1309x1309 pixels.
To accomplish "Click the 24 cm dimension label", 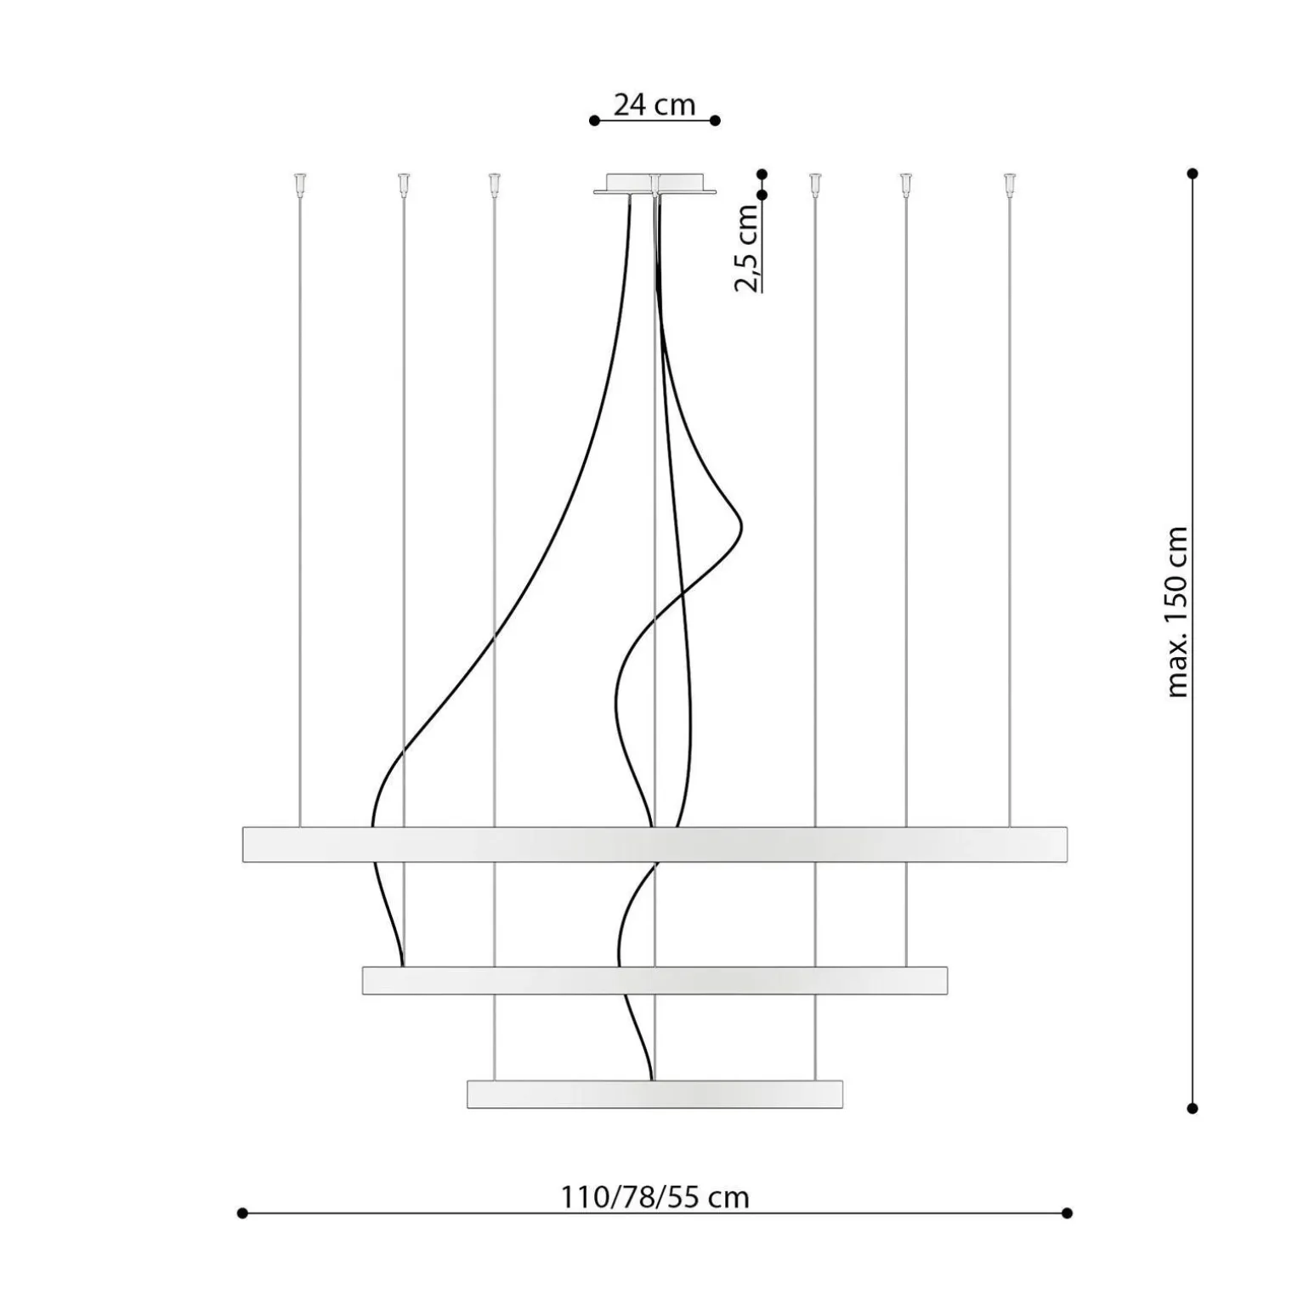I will coord(654,105).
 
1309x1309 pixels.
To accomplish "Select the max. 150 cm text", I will coord(1177,612).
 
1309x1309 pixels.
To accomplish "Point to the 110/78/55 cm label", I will coord(654,1197).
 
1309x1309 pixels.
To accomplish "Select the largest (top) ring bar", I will coord(654,844).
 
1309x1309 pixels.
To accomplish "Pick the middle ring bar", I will coord(654,980).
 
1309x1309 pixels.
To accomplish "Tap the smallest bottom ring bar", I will coord(654,1094).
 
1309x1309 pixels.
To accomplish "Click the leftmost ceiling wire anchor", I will coord(299,183).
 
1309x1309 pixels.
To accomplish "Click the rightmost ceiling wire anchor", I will coord(1009,183).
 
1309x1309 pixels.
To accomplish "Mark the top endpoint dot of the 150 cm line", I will coord(1193,173).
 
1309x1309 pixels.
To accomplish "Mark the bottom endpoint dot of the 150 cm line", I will coord(1193,1108).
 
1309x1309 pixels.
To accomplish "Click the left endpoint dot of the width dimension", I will coord(242,1213).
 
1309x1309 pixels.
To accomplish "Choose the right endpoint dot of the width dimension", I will coord(1068,1213).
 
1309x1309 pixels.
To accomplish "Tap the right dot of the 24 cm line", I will coord(716,121).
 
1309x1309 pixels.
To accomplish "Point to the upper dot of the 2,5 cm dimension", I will coord(762,174).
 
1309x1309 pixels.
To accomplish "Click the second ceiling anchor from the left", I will coord(403,183).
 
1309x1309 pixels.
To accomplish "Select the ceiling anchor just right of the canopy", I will coord(815,183).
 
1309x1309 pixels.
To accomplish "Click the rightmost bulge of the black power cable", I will coord(740,521).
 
